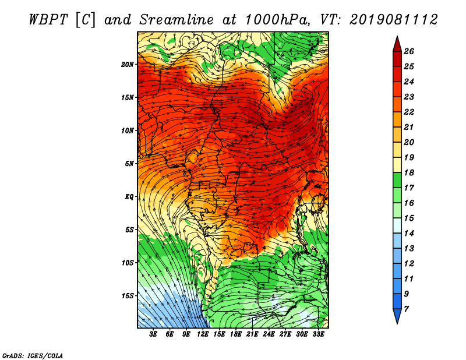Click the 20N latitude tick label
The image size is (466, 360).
coord(128,65)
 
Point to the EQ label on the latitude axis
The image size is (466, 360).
coord(129,197)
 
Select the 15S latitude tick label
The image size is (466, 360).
coord(128,296)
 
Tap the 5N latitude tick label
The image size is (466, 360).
coord(129,164)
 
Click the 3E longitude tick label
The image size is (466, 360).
coord(153,334)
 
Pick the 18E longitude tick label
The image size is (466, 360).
coord(236,334)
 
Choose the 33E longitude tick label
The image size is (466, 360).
coord(318,334)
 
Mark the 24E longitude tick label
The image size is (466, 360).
coord(269,334)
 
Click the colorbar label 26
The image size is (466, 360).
coord(409,51)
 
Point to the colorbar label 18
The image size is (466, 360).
coord(409,172)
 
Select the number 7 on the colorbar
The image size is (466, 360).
coord(407,309)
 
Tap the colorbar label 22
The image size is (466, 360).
coord(409,112)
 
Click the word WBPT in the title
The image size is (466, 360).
coord(49,20)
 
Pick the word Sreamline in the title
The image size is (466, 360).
coord(176,20)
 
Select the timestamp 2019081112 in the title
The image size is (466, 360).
coord(393,20)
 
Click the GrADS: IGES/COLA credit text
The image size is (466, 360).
coord(33,356)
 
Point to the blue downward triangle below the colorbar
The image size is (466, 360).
coord(397,315)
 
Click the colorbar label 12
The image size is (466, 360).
coord(409,264)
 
